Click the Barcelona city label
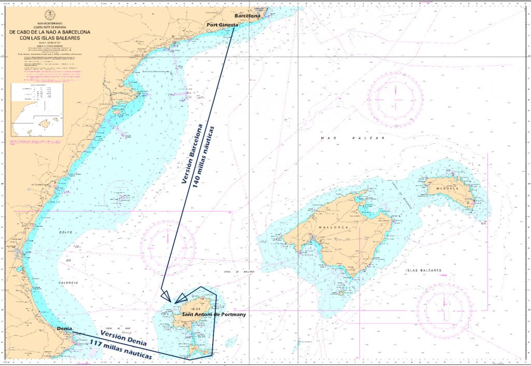247,16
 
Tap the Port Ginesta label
222,25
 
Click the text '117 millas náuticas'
120,351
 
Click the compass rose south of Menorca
444,310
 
